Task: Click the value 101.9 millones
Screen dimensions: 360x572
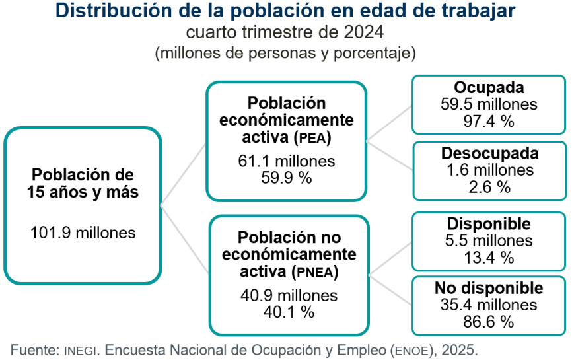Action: click(83, 233)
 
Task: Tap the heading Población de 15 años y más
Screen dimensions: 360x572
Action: click(83, 183)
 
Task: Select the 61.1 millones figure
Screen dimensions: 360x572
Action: click(287, 161)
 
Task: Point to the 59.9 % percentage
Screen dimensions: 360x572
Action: click(287, 177)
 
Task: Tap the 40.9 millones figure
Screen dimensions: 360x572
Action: click(289, 295)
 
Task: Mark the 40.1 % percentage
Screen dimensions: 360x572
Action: click(289, 311)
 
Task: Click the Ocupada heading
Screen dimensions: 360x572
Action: click(489, 88)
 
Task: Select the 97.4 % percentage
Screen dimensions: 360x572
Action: click(489, 120)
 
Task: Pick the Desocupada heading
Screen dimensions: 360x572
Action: click(489, 153)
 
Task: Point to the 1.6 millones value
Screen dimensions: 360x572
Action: click(489, 170)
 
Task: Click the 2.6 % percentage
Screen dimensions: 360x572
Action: click(489, 187)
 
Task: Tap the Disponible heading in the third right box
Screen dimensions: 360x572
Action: click(489, 224)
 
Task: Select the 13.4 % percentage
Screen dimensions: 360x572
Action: click(489, 257)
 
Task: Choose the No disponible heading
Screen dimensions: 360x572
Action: click(489, 289)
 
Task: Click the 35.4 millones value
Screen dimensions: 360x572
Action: click(489, 305)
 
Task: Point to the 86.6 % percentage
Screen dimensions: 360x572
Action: click(489, 322)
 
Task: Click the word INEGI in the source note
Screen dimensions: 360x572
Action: click(82, 349)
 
